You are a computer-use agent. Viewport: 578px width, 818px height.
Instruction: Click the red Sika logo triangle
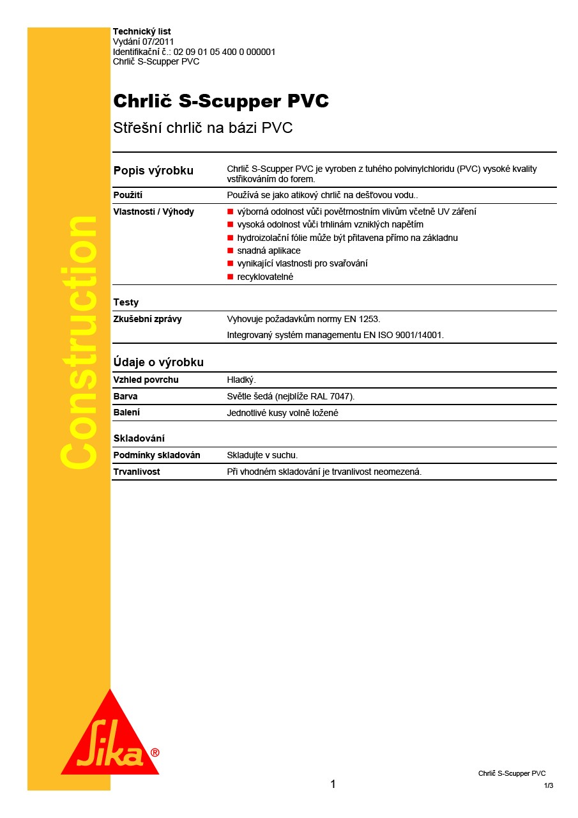(110, 741)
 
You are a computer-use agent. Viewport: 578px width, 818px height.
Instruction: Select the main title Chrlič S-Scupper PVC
(221, 102)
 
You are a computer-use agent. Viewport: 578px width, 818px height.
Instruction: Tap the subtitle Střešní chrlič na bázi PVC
(202, 128)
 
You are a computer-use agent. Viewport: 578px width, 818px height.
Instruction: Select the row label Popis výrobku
(153, 171)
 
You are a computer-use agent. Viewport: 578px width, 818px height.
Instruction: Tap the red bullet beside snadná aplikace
(231, 251)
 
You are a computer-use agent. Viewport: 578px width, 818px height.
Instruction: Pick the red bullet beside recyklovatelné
(231, 277)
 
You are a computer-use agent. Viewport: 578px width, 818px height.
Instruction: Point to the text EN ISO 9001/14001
(405, 335)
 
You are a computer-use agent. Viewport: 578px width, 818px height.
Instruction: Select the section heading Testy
(126, 302)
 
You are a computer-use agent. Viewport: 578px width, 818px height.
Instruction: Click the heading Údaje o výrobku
(158, 362)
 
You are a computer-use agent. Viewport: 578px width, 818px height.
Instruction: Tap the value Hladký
(241, 380)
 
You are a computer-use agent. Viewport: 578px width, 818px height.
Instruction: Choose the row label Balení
(126, 412)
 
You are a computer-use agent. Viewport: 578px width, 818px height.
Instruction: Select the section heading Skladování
(139, 438)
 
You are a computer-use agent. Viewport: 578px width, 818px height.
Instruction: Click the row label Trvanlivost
(137, 472)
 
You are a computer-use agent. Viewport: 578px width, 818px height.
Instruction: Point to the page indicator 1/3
(549, 785)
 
